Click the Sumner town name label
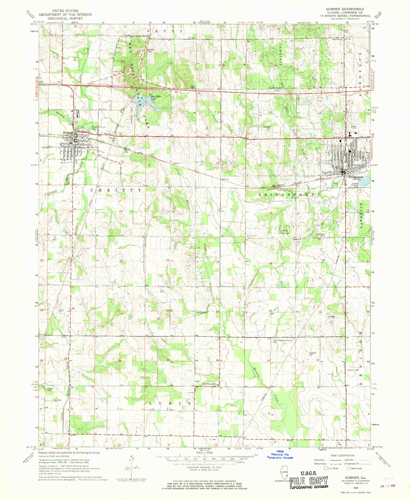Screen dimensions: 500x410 pos(68,133)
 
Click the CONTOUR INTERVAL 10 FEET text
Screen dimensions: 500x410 pos(204,467)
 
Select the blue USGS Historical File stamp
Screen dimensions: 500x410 pos(280,454)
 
